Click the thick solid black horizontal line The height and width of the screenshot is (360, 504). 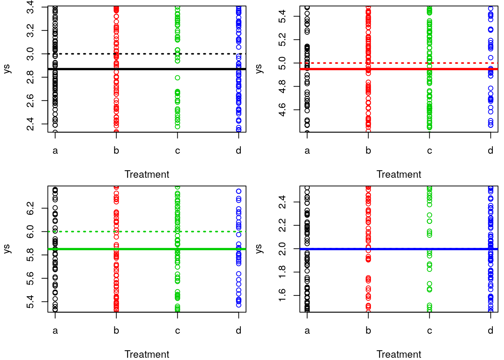pos(146,69)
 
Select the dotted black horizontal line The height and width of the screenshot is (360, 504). pos(146,54)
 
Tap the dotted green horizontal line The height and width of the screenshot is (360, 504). pos(146,232)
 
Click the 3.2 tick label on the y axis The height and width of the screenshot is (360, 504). pos(30,30)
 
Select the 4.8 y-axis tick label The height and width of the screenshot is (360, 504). pos(282,86)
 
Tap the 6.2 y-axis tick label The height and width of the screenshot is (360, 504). pos(30,208)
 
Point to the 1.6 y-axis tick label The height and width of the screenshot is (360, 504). pos(282,295)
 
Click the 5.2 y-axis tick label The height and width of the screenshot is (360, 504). pos(282,40)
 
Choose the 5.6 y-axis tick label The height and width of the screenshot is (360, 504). pos(30,278)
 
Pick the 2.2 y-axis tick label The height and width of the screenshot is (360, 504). pos(282,225)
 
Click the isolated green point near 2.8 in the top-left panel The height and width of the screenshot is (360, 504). pos(177,78)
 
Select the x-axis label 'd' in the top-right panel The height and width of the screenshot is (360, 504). pos(490,151)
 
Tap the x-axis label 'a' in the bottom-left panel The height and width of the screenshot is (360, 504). pos(55,331)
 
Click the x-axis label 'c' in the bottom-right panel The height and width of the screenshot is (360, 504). pos(429,331)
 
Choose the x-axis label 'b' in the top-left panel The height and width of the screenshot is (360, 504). pos(116,151)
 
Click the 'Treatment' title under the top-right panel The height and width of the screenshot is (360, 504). pos(399,174)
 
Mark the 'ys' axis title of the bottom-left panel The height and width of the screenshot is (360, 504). pos(7,249)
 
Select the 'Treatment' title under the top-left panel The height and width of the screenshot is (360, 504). pos(147,174)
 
